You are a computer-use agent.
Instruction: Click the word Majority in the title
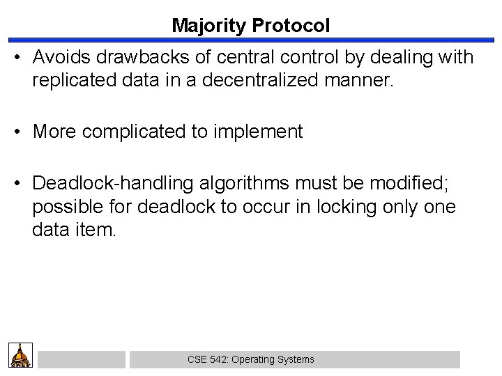pyautogui.click(x=204, y=26)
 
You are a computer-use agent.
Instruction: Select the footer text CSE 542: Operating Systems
pyautogui.click(x=251, y=359)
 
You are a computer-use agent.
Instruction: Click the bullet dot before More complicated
pyautogui.click(x=18, y=132)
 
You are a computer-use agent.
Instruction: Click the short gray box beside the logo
pyautogui.click(x=81, y=359)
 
